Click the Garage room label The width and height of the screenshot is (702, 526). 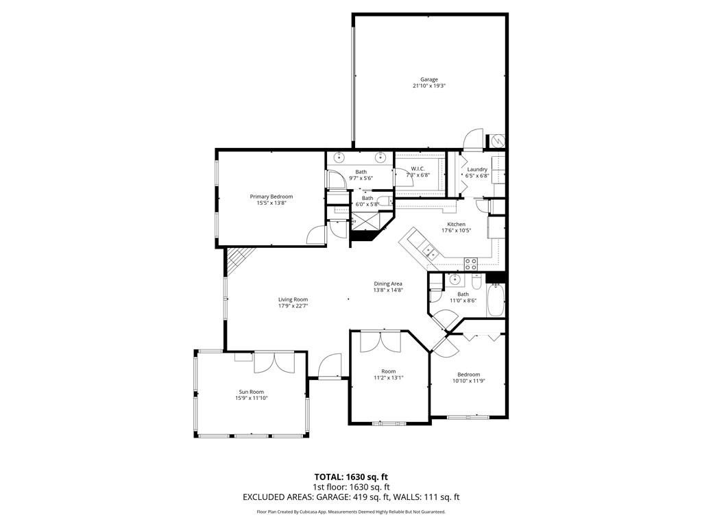[429, 79]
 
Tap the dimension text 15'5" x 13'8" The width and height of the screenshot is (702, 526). [271, 203]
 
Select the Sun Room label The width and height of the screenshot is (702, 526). [251, 392]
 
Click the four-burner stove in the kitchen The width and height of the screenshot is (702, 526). [470, 264]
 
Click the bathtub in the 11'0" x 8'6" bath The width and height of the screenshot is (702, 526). [495, 301]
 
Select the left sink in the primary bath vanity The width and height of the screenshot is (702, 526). [339, 157]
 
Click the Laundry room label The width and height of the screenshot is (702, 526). [477, 170]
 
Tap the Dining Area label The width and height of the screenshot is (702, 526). [388, 284]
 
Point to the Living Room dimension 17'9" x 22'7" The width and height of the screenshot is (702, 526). [293, 306]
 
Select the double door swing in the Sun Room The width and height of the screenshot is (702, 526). [274, 363]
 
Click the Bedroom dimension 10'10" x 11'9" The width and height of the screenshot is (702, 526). [469, 381]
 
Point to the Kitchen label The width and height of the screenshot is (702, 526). [456, 224]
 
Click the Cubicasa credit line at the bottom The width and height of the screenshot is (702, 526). [351, 512]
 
